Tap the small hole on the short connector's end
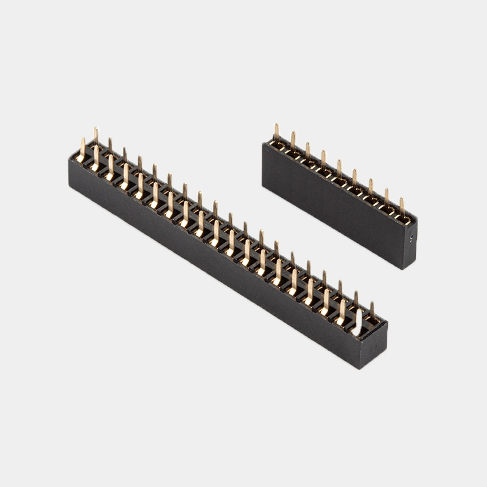[x=412, y=239]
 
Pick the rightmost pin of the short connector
[x=401, y=207]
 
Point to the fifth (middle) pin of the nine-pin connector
[x=339, y=170]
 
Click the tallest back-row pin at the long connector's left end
[x=96, y=138]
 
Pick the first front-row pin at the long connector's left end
[x=82, y=150]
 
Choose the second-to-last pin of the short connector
[x=386, y=198]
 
